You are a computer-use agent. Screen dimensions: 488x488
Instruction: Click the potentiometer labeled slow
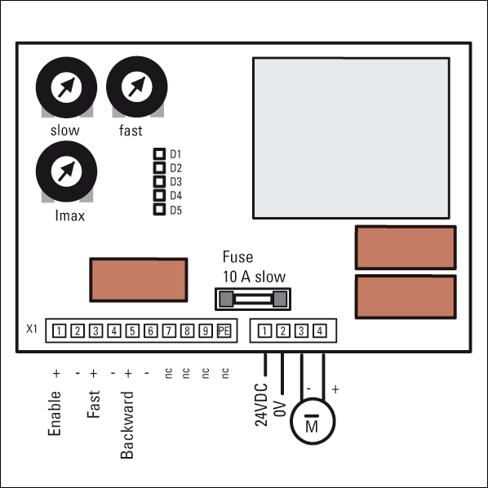pos(66,87)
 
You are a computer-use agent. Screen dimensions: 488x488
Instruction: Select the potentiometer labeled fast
pos(137,87)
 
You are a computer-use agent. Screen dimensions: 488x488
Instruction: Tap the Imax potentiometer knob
pos(66,171)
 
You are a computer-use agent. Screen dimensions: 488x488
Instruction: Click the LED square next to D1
pos(159,153)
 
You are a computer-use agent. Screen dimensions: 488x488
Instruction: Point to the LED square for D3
pos(159,181)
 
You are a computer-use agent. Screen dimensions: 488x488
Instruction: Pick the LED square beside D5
pos(159,210)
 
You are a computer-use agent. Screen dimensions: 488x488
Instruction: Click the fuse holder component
pos(253,299)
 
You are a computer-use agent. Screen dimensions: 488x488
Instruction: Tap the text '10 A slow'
pos(254,277)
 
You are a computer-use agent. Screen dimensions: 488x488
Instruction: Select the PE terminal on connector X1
pos(224,331)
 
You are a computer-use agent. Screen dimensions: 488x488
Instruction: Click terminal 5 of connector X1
pos(132,331)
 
